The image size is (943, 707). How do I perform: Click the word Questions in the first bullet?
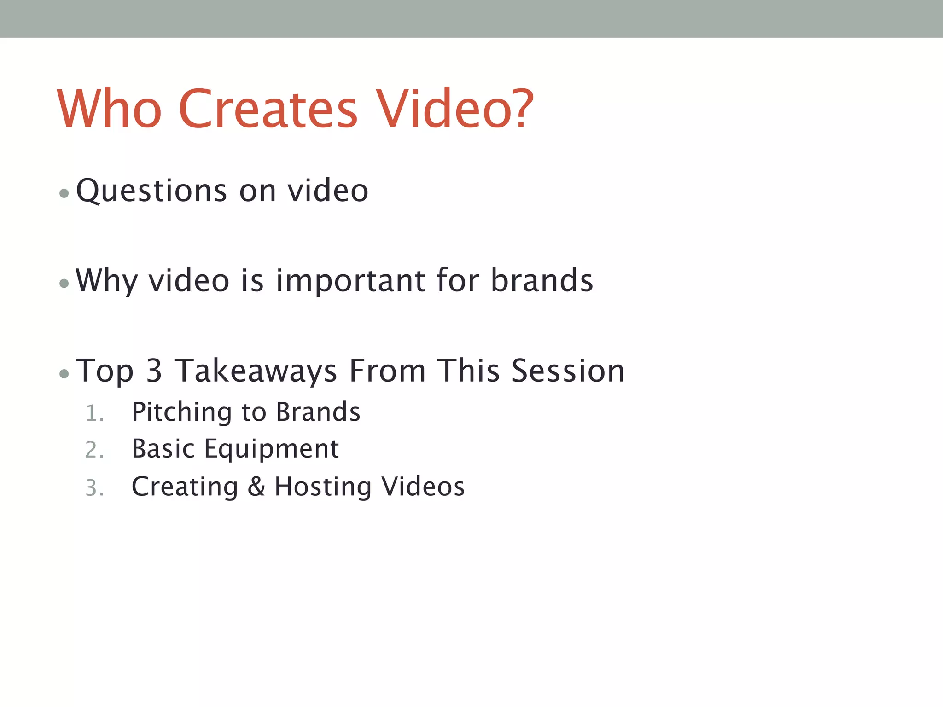point(151,191)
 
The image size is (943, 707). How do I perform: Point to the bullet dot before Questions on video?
point(64,193)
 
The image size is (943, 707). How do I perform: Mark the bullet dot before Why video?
point(64,284)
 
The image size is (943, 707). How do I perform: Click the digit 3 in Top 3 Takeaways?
point(154,371)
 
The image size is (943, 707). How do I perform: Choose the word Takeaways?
point(256,371)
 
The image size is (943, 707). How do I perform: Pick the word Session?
point(568,371)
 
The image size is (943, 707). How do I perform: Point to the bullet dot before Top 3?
point(64,374)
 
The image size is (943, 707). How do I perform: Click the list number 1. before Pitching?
point(94,413)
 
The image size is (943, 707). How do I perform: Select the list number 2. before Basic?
point(94,450)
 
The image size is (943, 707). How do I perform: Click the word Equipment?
point(272,450)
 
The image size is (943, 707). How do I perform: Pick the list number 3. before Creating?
point(94,488)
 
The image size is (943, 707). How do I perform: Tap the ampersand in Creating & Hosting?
point(256,487)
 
